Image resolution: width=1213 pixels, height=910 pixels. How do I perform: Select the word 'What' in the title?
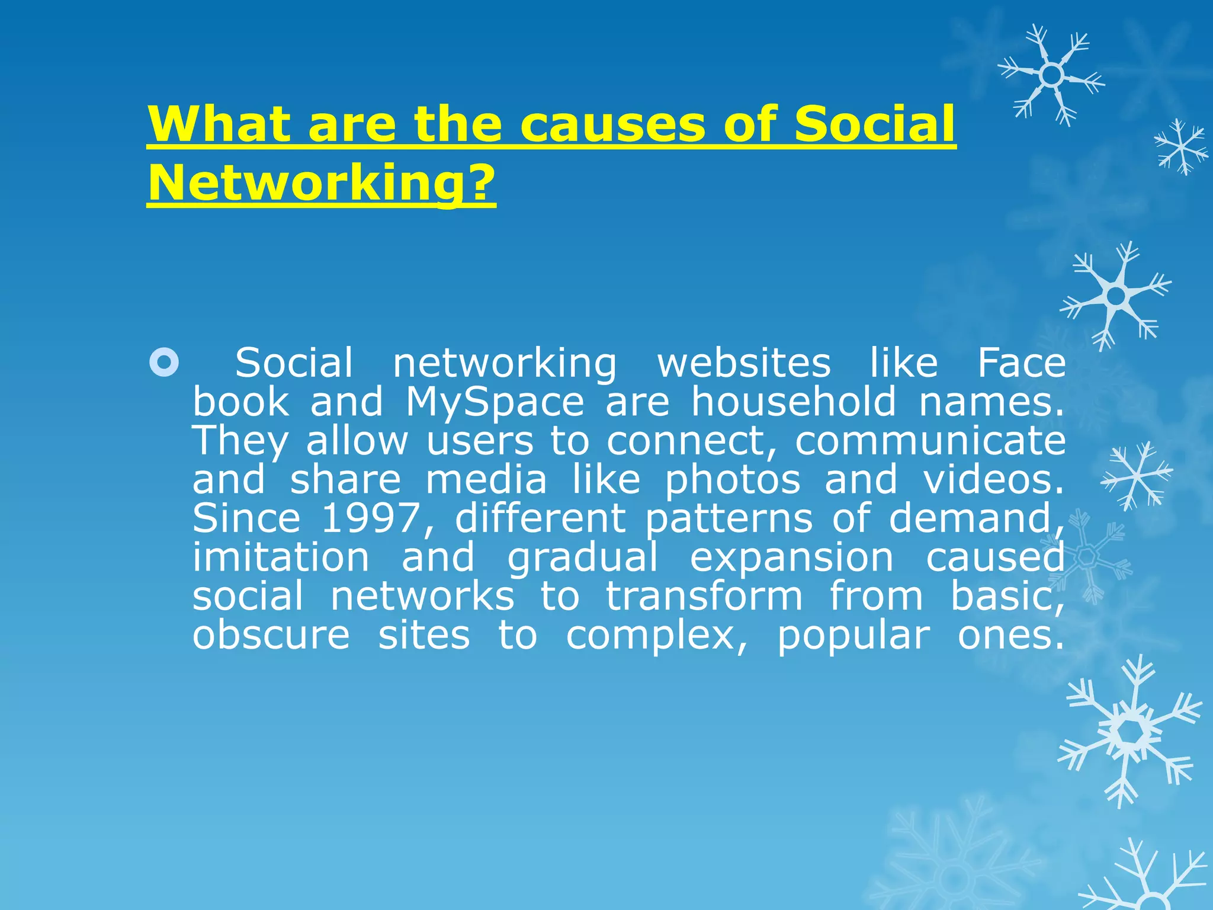[219, 124]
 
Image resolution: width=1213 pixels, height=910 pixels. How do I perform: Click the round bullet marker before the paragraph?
[164, 363]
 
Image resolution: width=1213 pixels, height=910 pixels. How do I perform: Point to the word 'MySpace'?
[495, 402]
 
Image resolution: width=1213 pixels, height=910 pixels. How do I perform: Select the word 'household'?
[794, 402]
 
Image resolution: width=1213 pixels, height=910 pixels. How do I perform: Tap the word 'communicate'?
[930, 441]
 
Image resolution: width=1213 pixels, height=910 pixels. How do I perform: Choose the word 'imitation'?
[281, 557]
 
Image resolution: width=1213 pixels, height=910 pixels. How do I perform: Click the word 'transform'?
[704, 596]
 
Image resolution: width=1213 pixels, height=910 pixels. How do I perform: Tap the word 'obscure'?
[271, 635]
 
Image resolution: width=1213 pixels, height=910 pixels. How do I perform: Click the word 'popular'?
[853, 636]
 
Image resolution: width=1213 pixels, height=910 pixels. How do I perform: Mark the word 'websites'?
[744, 363]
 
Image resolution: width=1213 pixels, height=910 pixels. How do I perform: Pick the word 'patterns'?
[729, 519]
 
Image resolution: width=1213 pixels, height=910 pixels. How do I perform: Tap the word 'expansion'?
[792, 559]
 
